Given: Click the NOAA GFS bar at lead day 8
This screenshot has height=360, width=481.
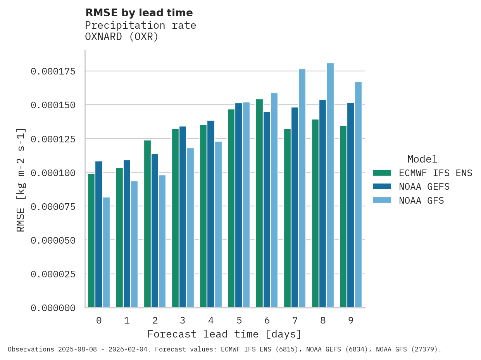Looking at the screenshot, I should (x=330, y=185).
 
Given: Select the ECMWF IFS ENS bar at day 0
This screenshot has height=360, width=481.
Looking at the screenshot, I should (x=91, y=241).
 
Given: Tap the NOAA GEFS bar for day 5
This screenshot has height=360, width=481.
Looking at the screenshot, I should (x=239, y=205).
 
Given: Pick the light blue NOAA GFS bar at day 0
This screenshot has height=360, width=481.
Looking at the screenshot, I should (x=106, y=253).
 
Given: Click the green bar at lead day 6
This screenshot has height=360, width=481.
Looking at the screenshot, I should (x=259, y=203).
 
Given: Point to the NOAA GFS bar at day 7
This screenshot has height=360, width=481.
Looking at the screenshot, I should (x=302, y=188).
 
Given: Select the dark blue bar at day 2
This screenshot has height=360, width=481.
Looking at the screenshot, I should (x=155, y=231).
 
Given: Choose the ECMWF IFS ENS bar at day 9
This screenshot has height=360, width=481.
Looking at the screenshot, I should (x=343, y=216).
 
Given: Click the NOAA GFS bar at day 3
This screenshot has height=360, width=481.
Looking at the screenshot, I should (x=190, y=228).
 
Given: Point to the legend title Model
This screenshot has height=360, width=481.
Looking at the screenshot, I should (x=422, y=159).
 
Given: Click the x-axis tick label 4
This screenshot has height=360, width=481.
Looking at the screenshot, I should (x=211, y=321).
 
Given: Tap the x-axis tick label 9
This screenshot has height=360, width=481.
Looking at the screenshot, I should (x=351, y=321).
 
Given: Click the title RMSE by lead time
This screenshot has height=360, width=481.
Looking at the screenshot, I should (x=139, y=13).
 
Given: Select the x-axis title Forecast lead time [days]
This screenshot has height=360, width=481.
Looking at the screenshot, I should (x=224, y=334).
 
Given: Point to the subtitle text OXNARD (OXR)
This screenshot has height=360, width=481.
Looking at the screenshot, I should (x=122, y=37).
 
